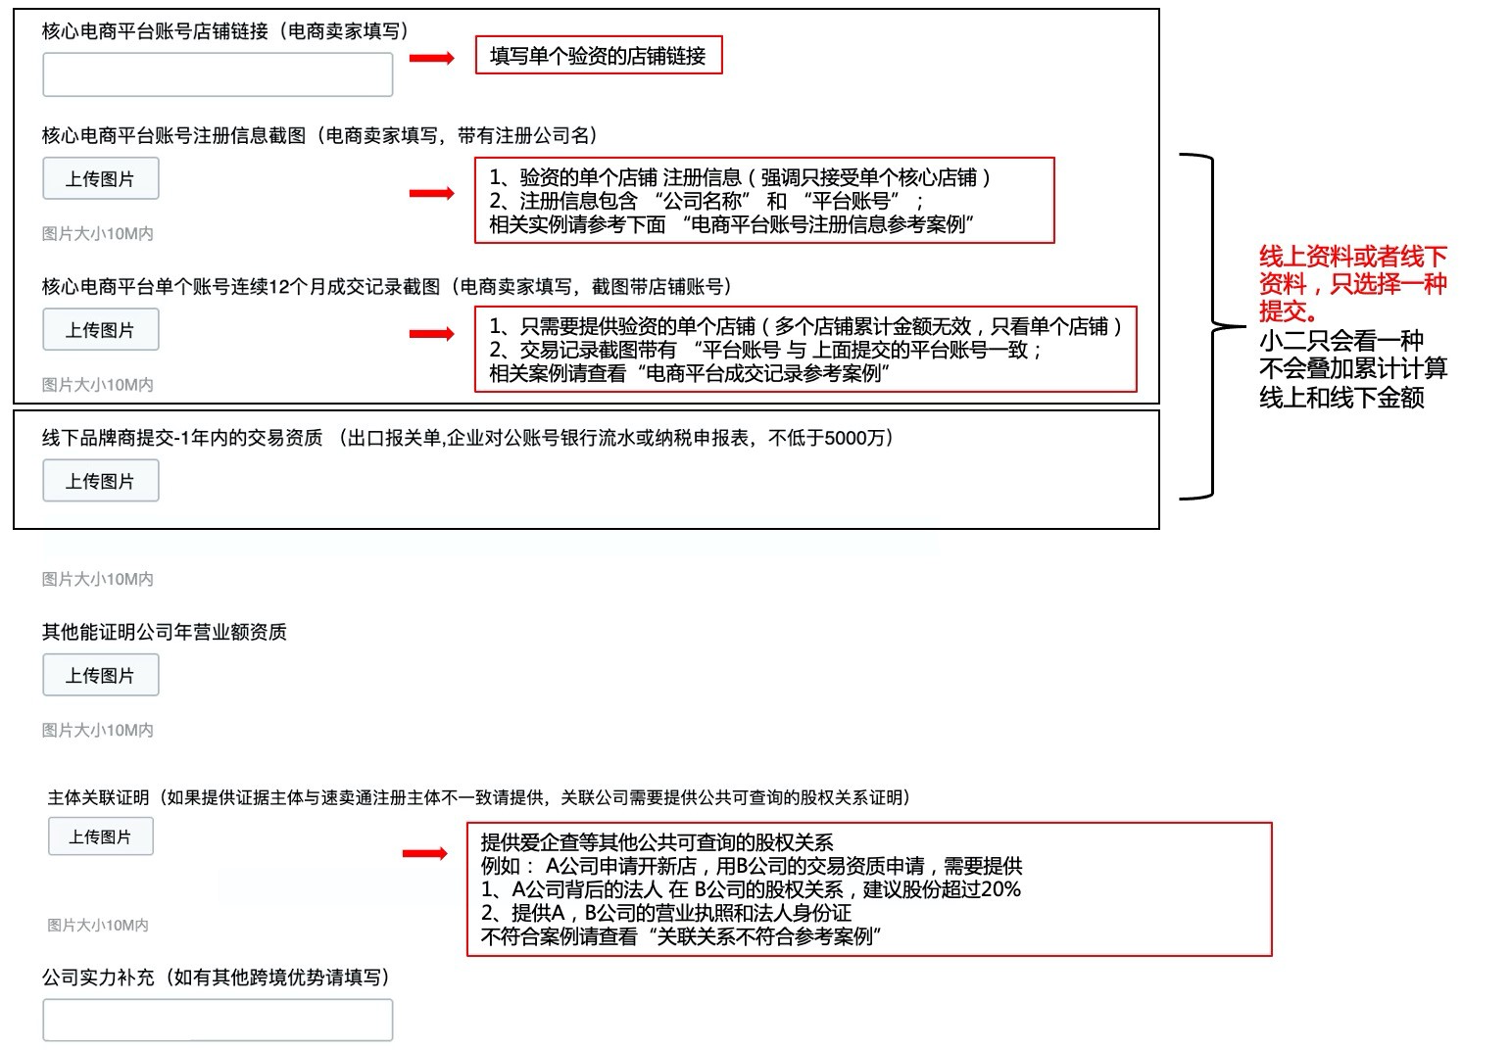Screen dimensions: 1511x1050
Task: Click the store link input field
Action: coord(218,74)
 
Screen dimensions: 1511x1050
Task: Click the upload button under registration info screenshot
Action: coord(100,179)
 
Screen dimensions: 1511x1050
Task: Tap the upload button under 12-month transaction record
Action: coord(100,330)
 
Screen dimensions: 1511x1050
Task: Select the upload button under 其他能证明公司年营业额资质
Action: coord(100,676)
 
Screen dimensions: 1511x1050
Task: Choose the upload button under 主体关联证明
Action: coord(100,837)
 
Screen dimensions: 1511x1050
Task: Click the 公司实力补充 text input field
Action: coord(218,1020)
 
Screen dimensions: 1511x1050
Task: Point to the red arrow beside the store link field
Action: coord(431,59)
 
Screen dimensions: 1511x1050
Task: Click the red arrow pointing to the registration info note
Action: coord(431,193)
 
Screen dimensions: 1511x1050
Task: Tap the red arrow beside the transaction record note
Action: coord(431,334)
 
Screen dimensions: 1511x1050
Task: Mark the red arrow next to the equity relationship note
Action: coord(425,853)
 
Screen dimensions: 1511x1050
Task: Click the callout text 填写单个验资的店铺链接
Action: coord(598,56)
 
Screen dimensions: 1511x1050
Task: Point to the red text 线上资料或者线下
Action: coord(1352,258)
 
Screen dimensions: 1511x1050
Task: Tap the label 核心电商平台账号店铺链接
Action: coord(155,31)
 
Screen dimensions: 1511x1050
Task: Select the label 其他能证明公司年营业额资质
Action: coord(164,632)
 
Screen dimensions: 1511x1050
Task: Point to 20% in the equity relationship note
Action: coord(999,889)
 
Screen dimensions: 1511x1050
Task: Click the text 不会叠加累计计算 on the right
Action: coord(1352,369)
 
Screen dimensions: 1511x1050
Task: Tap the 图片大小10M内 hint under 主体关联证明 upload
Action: coord(98,925)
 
